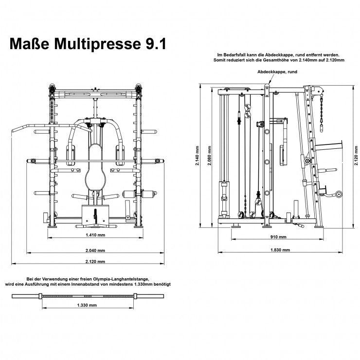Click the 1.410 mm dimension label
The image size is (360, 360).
(x=95, y=234)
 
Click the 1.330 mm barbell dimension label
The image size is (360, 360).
(x=87, y=305)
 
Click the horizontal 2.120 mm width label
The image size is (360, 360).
(x=95, y=262)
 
